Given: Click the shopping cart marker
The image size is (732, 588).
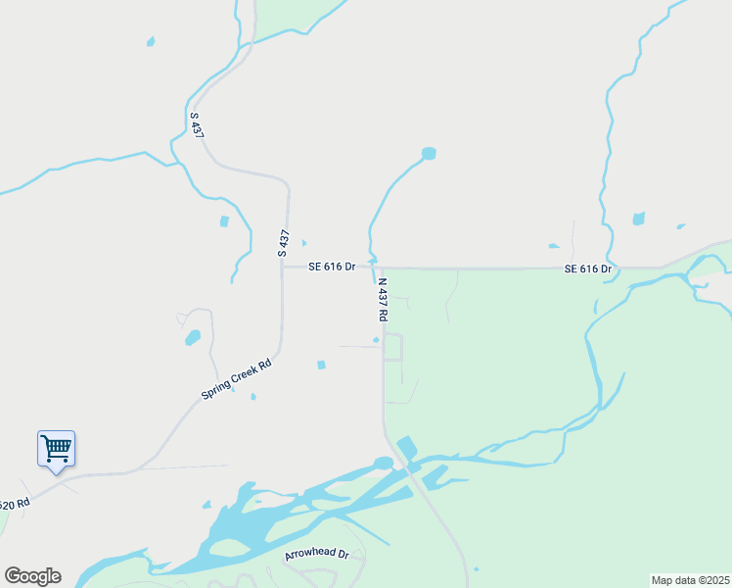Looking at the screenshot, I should [56, 449].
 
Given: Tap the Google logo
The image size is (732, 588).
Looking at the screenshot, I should [32, 576].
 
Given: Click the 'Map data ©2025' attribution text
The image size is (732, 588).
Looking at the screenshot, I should [690, 580].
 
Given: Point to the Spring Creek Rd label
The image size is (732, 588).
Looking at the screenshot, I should [236, 378].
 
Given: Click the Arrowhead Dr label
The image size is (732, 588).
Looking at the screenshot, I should [316, 555].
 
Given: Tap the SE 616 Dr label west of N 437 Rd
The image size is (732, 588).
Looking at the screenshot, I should [331, 267].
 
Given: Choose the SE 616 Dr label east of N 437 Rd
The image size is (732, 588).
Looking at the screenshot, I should [587, 269].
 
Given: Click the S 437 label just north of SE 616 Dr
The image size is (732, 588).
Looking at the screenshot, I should [284, 243].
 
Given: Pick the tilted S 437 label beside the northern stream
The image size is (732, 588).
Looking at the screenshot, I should [197, 124].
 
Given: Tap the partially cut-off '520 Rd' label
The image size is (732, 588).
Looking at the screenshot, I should [15, 505].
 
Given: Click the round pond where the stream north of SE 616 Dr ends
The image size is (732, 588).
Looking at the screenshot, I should [428, 153].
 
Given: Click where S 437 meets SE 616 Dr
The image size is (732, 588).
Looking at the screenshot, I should [283, 267].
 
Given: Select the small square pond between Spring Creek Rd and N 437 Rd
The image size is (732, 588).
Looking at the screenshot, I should [321, 366].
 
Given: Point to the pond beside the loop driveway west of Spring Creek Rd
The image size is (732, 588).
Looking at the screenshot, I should [193, 338].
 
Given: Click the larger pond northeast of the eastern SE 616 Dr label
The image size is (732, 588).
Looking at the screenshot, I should [639, 219].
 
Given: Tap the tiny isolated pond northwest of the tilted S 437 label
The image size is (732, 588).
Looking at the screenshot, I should [150, 41].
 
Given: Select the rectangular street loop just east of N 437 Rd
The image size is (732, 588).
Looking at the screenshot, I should [392, 347].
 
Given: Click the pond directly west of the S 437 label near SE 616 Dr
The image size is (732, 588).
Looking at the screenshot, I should [224, 221].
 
